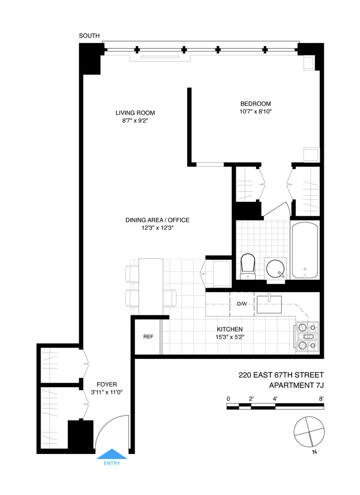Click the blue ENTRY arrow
[111, 454]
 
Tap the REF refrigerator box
[148, 336]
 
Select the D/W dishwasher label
[242, 303]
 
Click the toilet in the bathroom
[247, 266]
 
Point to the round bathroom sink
[276, 269]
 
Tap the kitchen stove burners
[308, 337]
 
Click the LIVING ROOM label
[132, 112]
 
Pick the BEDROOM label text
[256, 103]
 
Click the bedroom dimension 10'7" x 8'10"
[256, 111]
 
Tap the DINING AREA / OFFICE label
[157, 220]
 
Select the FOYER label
[107, 384]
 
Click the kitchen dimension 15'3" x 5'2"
[229, 337]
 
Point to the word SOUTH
[89, 36]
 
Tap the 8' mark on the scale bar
[321, 398]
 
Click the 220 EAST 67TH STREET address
[281, 376]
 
